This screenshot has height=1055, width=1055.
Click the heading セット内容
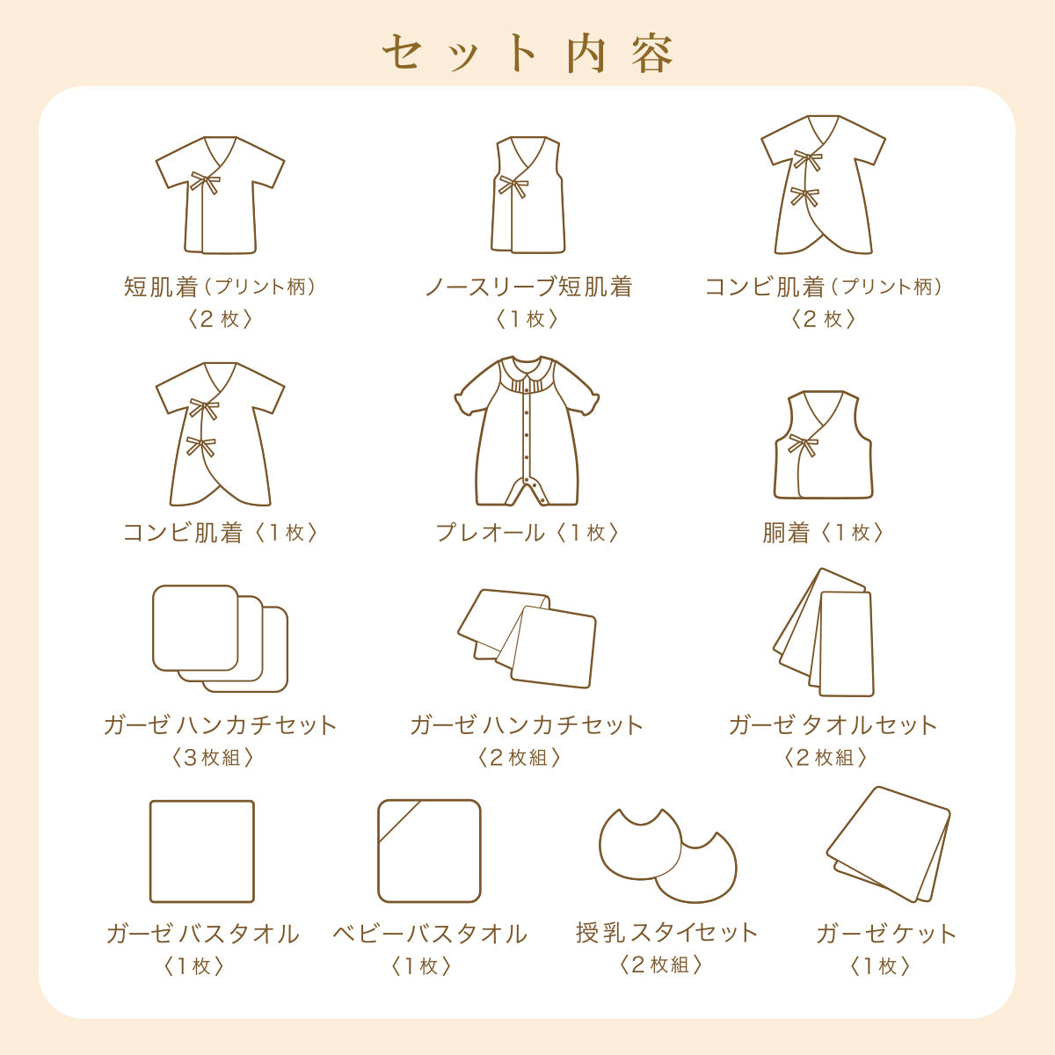point(527,54)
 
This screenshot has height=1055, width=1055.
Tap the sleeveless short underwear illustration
point(527,195)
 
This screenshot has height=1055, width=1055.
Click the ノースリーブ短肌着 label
point(529,287)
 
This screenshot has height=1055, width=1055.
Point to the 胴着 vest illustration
point(823,445)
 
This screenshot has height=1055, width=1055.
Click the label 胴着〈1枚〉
point(823,532)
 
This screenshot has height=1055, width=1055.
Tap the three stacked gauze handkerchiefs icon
point(220,638)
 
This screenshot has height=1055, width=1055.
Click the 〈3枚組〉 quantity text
point(213,758)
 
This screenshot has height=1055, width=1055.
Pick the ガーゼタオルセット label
point(833,725)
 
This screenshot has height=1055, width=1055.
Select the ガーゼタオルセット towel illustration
point(824,632)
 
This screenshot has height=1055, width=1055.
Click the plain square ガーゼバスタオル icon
point(202,852)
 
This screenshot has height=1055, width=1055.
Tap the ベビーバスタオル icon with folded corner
point(429,851)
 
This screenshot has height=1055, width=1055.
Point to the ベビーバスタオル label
point(430,935)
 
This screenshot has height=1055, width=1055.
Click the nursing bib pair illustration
point(668,855)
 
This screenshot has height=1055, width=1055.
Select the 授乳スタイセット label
point(666,933)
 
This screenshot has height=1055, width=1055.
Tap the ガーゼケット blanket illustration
point(888,845)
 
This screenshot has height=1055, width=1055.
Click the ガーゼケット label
point(886,935)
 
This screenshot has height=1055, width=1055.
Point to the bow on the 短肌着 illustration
point(205,182)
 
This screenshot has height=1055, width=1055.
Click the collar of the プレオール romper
point(527,367)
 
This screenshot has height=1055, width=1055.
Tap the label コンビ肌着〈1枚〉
point(220,532)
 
